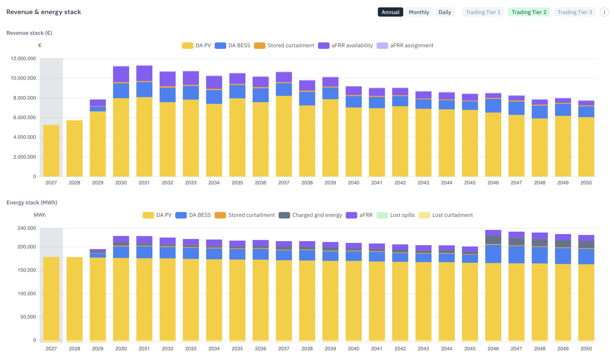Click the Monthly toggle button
tap(419, 12)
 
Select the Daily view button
tap(445, 12)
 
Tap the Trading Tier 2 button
tap(529, 12)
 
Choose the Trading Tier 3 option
tap(575, 12)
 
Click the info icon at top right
tap(604, 12)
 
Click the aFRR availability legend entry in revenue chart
tap(345, 45)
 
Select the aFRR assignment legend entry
tap(405, 45)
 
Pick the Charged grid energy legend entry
tap(310, 215)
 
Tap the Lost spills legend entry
tap(396, 215)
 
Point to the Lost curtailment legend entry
tap(446, 215)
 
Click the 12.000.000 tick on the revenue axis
tap(23, 58)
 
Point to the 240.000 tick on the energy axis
tap(27, 228)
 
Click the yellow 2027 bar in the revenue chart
tap(51, 151)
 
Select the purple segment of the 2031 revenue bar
tap(144, 73)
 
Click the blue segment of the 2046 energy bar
tap(493, 254)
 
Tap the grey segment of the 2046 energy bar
tap(493, 240)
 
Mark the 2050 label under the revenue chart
tap(586, 183)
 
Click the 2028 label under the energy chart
tap(74, 349)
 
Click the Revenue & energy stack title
tap(44, 12)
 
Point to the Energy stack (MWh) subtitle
tap(32, 203)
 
